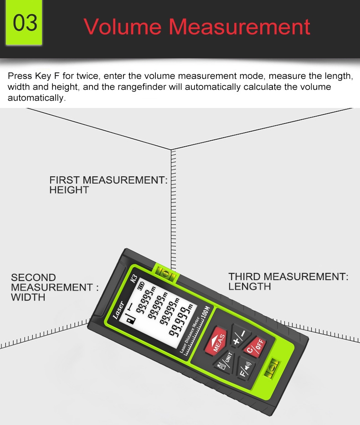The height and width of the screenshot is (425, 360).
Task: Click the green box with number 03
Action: coord(24,22)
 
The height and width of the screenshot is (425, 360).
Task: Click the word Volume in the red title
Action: coord(123,26)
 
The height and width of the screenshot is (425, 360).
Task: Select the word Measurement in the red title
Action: coord(240,26)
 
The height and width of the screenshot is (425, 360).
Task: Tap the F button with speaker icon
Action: coord(246,369)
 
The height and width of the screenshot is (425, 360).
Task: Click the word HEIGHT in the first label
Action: coord(69,190)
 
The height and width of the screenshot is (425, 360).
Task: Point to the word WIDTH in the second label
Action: coord(28,297)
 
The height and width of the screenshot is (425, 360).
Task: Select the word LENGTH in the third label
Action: coord(250,287)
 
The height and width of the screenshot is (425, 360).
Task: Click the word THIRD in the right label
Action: coord(245,277)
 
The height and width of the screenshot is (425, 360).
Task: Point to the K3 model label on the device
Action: coord(134,279)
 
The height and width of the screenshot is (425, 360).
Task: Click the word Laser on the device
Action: coord(118,310)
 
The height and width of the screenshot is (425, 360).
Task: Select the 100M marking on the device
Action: coord(206,313)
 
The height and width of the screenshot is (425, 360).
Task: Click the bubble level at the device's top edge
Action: coord(165,273)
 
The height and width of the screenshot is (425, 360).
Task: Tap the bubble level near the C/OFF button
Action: coord(271,368)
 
